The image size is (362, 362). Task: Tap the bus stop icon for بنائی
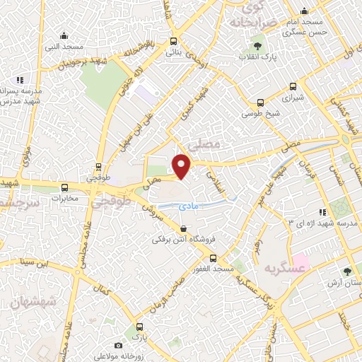174,40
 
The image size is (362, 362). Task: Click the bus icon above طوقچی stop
98,168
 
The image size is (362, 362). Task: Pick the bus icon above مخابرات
65,187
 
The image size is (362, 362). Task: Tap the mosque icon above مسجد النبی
64,35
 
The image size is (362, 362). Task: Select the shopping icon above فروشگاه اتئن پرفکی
184,228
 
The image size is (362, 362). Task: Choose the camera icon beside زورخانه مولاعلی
118,345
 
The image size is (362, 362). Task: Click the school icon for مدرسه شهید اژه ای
322,211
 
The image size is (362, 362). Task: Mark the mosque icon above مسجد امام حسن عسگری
304,11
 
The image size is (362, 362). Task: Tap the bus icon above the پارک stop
139,327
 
